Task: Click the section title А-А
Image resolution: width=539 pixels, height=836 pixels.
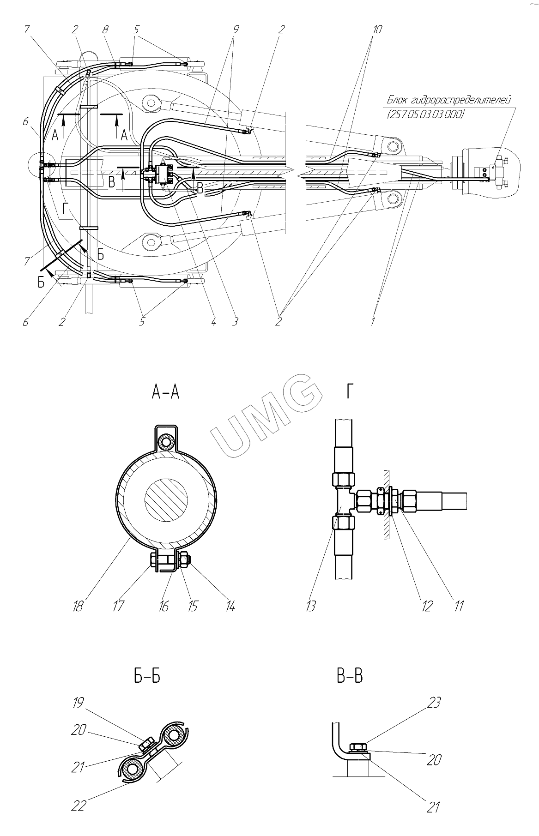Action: (165, 393)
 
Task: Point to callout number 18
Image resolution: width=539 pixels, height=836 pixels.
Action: (78, 605)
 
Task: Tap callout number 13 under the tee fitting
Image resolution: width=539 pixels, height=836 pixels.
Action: (311, 605)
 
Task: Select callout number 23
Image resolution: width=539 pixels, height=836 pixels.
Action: (433, 702)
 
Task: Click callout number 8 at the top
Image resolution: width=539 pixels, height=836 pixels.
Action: (105, 30)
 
